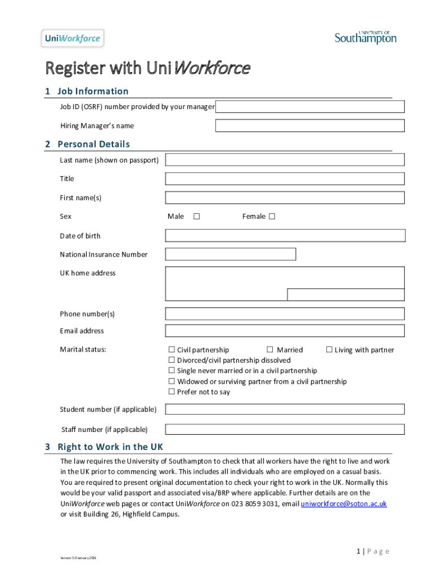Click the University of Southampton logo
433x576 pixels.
(x=366, y=37)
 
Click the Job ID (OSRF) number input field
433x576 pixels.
(x=310, y=107)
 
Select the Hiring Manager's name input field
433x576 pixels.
(x=310, y=125)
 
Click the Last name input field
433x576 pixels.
(x=285, y=160)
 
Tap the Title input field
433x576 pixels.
(x=285, y=179)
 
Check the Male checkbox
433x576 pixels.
(x=197, y=217)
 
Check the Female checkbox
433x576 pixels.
(x=272, y=217)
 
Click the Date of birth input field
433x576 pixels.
(x=285, y=236)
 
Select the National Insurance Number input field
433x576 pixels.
(x=231, y=254)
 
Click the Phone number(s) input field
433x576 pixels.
(x=285, y=314)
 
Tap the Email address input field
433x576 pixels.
(x=285, y=331)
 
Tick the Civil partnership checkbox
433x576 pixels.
(x=172, y=350)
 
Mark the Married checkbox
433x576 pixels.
(x=270, y=350)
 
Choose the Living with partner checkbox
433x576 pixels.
(x=330, y=350)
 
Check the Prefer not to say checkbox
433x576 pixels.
(x=172, y=392)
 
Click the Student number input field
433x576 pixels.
(x=285, y=409)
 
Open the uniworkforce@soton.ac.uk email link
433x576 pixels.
(x=344, y=503)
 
